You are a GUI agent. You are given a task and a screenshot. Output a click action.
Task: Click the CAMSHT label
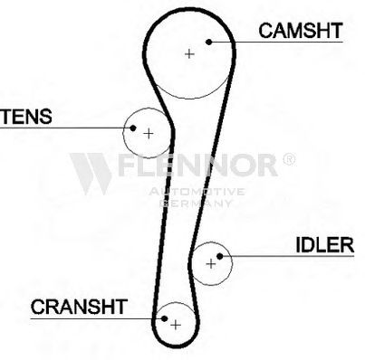point(301,31)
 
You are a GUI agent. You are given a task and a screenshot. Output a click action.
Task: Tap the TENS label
point(26,117)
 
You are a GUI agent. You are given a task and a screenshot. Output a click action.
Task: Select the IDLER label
point(324,245)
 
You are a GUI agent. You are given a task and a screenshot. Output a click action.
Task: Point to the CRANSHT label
point(79,307)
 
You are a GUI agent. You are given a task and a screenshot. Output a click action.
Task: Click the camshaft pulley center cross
point(189,54)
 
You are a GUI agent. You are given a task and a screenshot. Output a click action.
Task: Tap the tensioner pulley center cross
point(149,133)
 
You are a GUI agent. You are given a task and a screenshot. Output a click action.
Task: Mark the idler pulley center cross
point(211,264)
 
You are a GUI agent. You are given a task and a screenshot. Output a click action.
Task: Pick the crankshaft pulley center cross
point(176,325)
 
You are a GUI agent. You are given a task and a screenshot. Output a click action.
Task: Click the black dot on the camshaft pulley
point(209,42)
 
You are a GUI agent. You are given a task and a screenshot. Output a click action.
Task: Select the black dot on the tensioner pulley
point(133,128)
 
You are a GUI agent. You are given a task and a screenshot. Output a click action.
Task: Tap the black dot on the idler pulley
point(220,256)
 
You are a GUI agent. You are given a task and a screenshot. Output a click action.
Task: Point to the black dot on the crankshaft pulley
point(164,318)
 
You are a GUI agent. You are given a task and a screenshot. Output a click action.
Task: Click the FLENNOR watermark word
point(197,165)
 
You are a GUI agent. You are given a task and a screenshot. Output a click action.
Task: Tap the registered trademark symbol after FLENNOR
point(289,159)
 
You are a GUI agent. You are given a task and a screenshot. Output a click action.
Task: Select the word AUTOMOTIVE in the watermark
point(197,192)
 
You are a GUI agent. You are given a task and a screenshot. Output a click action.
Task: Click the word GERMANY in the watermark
point(196,204)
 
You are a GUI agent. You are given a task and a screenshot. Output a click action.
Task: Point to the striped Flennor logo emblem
point(91,174)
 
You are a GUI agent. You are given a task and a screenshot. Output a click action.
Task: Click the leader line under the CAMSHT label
point(276,42)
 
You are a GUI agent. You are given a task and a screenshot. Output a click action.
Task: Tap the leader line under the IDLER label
point(287,256)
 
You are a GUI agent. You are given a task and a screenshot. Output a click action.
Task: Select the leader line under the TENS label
point(66,128)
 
